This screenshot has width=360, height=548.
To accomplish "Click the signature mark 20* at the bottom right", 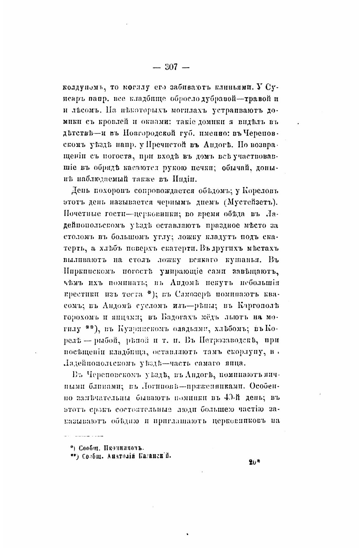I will [x=254, y=462].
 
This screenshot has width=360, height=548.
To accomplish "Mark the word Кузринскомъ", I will [x=138, y=329].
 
